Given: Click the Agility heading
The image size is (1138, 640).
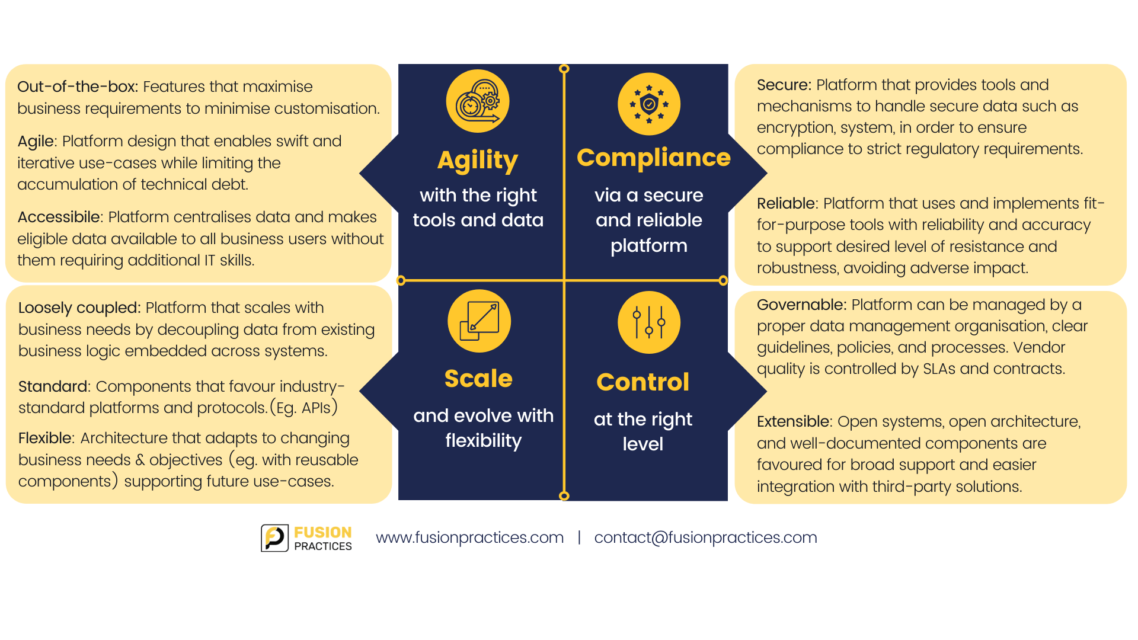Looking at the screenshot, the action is point(478,161).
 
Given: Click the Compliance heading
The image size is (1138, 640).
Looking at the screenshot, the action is point(654,158).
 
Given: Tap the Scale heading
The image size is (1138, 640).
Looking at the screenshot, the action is point(478,379).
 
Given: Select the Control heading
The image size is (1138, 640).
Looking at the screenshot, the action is point(643,382).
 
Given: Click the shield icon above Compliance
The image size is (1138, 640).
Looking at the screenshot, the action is point(649,104).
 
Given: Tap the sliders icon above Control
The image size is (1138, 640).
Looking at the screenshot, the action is point(649,322).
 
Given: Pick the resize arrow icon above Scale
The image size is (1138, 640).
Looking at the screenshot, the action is point(479,321).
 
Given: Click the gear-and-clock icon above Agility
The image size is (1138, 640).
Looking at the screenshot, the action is point(478,101).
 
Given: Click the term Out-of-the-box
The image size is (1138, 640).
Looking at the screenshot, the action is point(78,87).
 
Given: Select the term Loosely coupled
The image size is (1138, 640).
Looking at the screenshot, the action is point(79,308).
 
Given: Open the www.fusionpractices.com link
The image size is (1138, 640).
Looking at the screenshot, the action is point(469,537).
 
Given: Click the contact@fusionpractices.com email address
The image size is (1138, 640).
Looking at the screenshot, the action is point(705,537).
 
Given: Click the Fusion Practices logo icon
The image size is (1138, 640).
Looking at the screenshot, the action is point(275,538).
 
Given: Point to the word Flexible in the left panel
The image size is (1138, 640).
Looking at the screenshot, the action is point(46,438).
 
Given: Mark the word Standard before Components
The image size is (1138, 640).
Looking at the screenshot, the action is point(53,386).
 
